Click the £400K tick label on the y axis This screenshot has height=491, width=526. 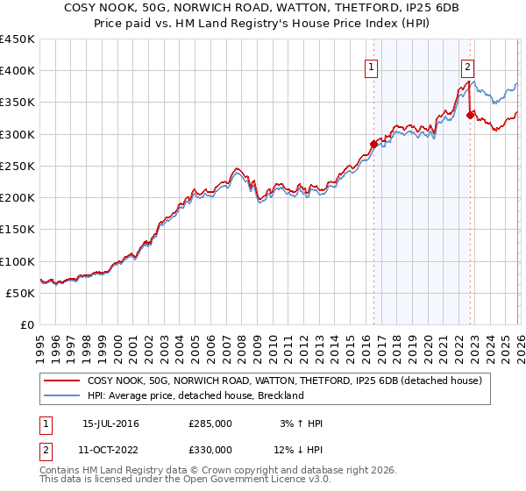(17, 71)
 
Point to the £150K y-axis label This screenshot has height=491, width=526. (17, 230)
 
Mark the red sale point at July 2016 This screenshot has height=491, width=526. (373, 144)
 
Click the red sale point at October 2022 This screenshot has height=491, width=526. (471, 115)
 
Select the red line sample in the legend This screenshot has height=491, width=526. (62, 381)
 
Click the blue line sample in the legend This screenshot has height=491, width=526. (62, 395)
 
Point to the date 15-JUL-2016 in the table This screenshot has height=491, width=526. (110, 423)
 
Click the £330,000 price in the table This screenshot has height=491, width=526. (210, 450)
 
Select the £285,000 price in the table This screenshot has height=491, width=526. (210, 423)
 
